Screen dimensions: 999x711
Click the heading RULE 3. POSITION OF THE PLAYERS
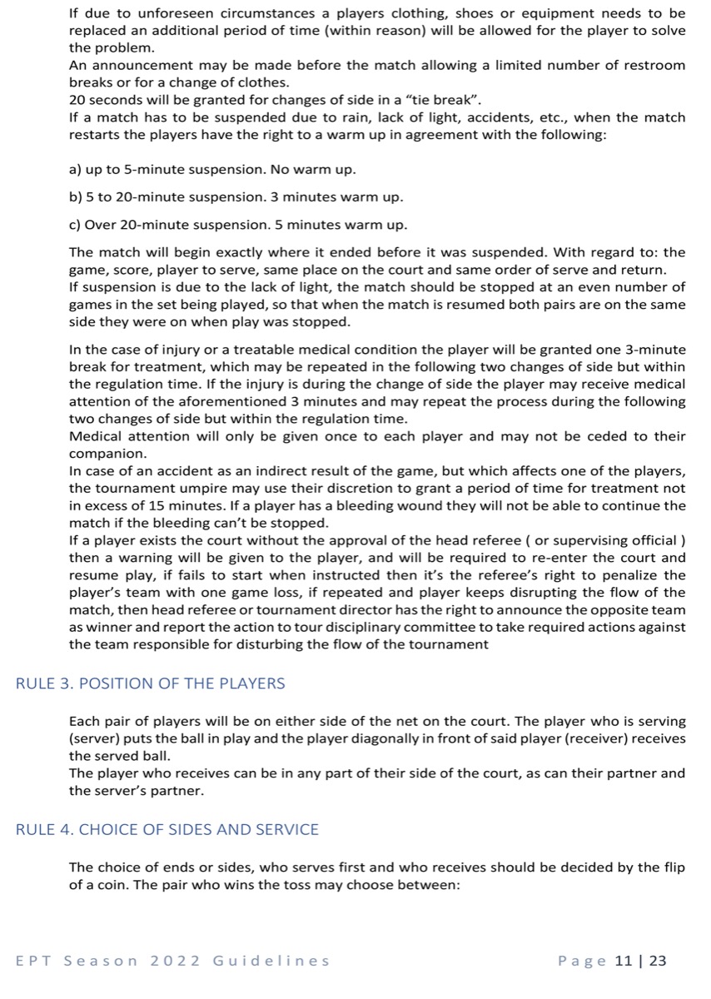(150, 683)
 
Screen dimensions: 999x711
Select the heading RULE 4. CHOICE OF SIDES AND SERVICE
(167, 829)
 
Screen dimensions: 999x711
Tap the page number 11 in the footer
(623, 961)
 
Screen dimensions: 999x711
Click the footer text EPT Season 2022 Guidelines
(172, 961)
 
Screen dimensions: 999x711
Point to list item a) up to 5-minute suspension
(212, 170)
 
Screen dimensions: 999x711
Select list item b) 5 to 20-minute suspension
(236, 198)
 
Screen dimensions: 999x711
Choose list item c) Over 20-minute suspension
(238, 226)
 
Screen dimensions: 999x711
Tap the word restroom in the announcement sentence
(654, 65)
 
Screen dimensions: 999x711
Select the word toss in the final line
(282, 886)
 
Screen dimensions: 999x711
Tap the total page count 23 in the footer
(658, 961)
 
